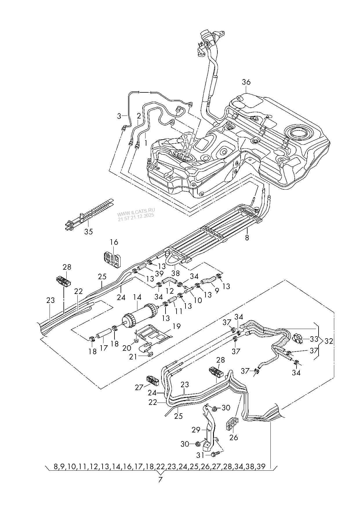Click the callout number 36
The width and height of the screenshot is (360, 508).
pos(246,82)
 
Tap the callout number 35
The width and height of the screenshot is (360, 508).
pos(88,232)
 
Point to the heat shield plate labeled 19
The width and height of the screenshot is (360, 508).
pos(154,335)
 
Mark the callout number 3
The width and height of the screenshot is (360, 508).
pos(119,116)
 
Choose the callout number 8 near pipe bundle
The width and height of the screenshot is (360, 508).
pos(247,238)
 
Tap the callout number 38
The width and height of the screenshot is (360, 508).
pos(176,273)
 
